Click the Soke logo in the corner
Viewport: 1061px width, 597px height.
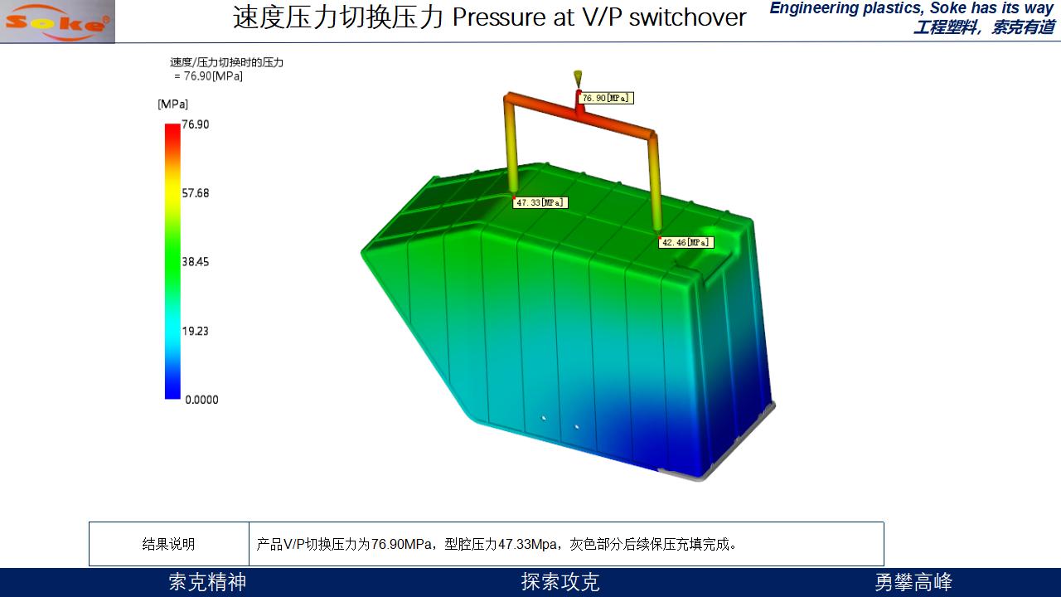[x=57, y=22]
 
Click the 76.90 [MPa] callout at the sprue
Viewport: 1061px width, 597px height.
[x=605, y=98]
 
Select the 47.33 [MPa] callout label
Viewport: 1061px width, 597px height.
[x=540, y=202]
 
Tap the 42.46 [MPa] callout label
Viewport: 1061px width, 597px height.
[x=686, y=242]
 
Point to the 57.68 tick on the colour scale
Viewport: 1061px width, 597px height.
[x=195, y=193]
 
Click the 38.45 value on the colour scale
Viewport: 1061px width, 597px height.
[x=195, y=261]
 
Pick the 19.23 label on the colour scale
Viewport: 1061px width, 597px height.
[x=195, y=331]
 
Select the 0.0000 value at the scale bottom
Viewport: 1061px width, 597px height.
[x=201, y=400]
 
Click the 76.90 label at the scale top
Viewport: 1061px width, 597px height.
[x=195, y=124]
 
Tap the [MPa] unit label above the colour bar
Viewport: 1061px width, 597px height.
[x=173, y=104]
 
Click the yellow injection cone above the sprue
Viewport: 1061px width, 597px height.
[x=578, y=78]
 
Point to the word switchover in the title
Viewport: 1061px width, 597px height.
[x=687, y=17]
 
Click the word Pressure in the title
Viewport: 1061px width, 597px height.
[x=499, y=17]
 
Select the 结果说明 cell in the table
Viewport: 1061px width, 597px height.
[x=168, y=544]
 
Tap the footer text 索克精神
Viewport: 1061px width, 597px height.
[x=207, y=582]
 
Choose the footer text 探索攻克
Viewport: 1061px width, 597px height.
[x=560, y=582]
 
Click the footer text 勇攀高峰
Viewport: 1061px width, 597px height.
[x=913, y=582]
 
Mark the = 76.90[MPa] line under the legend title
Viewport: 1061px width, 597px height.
[x=208, y=75]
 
